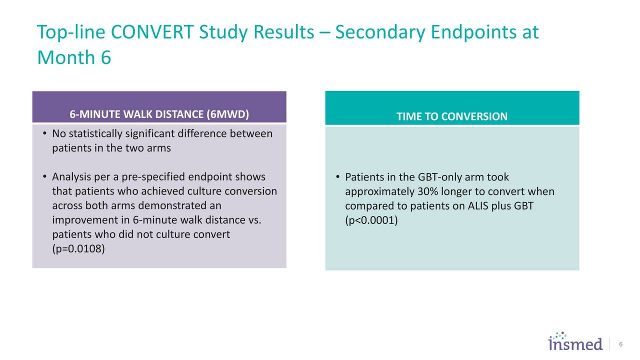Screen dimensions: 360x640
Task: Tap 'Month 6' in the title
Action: pos(73,58)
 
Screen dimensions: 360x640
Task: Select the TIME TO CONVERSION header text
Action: pos(451,116)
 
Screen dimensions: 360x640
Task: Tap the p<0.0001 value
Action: pos(371,220)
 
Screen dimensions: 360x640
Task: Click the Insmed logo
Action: pos(575,342)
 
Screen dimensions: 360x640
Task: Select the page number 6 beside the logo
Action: pos(620,344)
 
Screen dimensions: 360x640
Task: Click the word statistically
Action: pos(98,134)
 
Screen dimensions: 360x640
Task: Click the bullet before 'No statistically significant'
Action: pos(44,133)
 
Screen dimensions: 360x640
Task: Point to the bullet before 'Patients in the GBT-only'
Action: pos(338,177)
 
